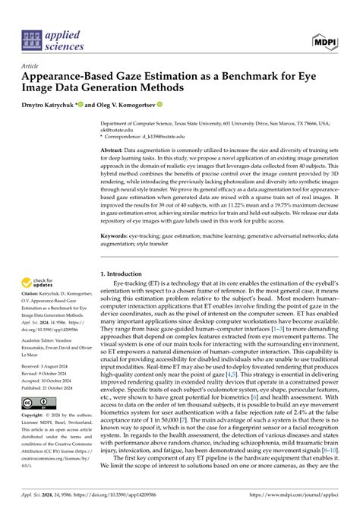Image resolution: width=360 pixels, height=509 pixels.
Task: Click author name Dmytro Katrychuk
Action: click(47, 104)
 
